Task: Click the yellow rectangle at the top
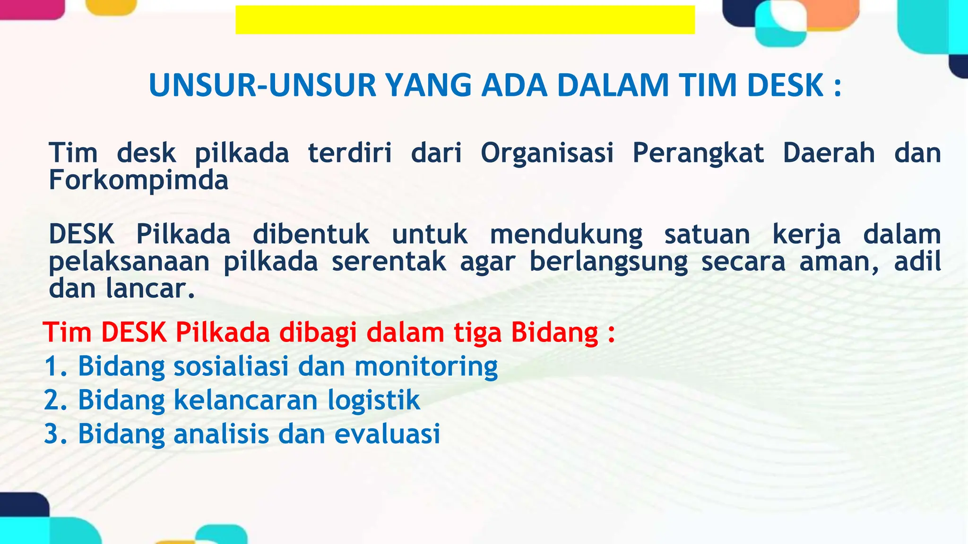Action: [465, 20]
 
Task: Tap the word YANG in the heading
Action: [429, 85]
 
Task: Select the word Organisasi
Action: [547, 153]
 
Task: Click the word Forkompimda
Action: [138, 180]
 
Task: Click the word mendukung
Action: [566, 235]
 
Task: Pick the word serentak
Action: [389, 262]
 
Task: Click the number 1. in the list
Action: [56, 366]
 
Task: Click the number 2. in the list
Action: [56, 400]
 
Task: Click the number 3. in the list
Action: [56, 434]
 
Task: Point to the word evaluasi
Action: [387, 434]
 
